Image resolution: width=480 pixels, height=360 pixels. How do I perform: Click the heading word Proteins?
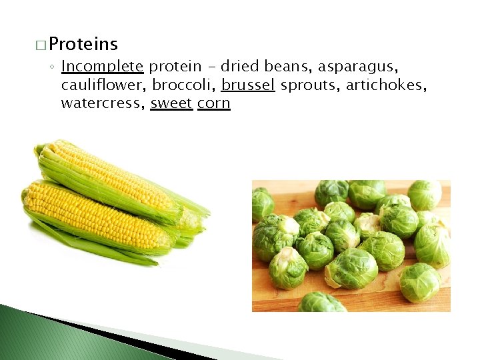point(83,45)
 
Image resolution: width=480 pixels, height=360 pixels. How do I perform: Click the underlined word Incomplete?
point(102,67)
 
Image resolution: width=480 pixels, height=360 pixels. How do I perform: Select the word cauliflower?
point(103,85)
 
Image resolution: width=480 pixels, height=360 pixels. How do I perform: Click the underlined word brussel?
point(248,85)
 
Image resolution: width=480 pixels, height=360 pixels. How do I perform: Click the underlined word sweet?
point(171,103)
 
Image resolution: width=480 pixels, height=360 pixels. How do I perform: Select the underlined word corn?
point(214,103)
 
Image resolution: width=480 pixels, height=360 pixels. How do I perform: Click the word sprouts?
point(307,85)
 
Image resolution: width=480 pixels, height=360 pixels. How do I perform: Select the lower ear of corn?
point(93,217)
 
